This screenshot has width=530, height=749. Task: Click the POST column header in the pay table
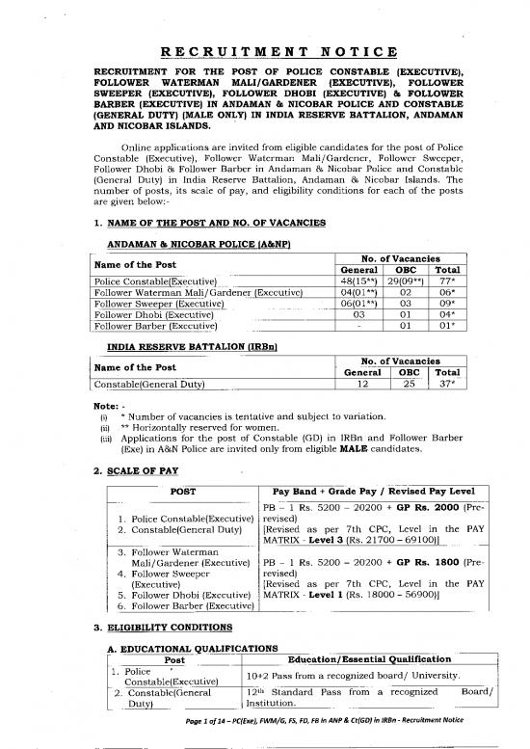coord(183,491)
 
